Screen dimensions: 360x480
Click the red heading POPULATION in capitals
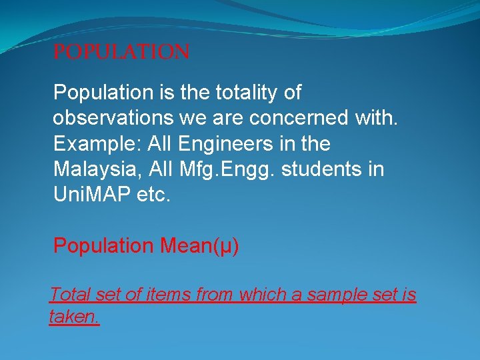point(121,52)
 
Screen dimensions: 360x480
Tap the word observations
point(113,118)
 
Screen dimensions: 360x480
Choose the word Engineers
point(229,144)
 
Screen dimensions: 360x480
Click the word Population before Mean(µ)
point(103,246)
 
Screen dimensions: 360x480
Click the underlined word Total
point(70,294)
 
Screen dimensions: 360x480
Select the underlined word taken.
point(74,317)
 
